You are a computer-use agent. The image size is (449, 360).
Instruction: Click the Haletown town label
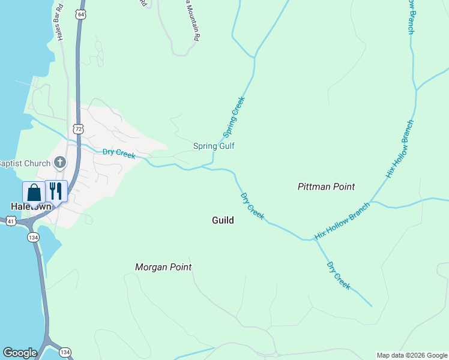click(x=29, y=206)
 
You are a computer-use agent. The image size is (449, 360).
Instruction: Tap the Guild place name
click(x=223, y=220)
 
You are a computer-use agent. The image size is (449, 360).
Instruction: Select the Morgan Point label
click(x=163, y=267)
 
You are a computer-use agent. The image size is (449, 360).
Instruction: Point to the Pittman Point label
click(x=326, y=187)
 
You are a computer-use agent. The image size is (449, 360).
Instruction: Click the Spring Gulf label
click(x=213, y=146)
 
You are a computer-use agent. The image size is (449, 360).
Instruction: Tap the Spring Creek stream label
click(x=234, y=116)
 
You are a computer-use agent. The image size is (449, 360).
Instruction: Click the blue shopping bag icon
click(x=34, y=192)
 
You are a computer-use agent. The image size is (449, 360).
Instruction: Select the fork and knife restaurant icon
click(x=56, y=191)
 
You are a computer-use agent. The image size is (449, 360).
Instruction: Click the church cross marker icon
click(x=59, y=162)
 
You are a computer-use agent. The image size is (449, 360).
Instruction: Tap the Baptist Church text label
click(x=24, y=163)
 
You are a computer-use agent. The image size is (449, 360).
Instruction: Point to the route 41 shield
click(x=11, y=221)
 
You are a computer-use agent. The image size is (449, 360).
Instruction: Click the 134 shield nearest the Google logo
click(x=65, y=352)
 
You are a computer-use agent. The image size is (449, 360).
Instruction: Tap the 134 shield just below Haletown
click(x=34, y=238)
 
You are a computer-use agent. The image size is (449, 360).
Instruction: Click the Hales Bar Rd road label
click(x=60, y=27)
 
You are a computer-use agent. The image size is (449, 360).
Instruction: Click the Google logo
click(x=20, y=353)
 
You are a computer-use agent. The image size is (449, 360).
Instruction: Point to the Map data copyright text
click(x=412, y=355)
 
